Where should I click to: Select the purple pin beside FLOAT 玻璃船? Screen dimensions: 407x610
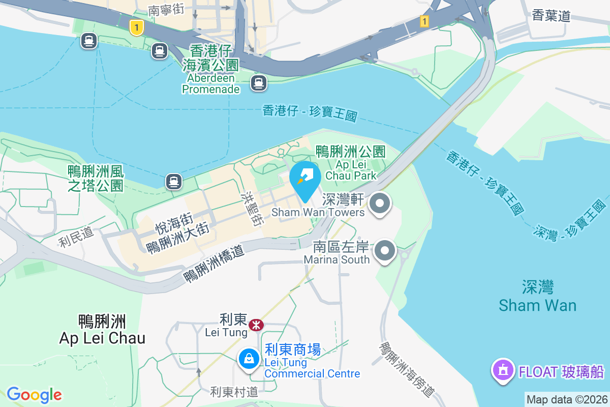pos(503,369)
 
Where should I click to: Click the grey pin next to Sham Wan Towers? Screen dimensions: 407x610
pos(379,205)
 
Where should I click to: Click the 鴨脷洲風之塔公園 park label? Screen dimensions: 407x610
pos(96,178)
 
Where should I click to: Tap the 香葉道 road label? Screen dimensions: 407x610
pos(551,16)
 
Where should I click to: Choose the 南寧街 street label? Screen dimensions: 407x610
pos(166,10)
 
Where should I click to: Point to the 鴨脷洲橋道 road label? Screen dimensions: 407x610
pos(214,262)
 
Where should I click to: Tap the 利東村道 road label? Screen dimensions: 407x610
pos(234,392)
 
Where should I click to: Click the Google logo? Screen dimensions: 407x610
pos(34,395)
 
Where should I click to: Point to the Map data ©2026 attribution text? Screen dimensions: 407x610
pos(567,399)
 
